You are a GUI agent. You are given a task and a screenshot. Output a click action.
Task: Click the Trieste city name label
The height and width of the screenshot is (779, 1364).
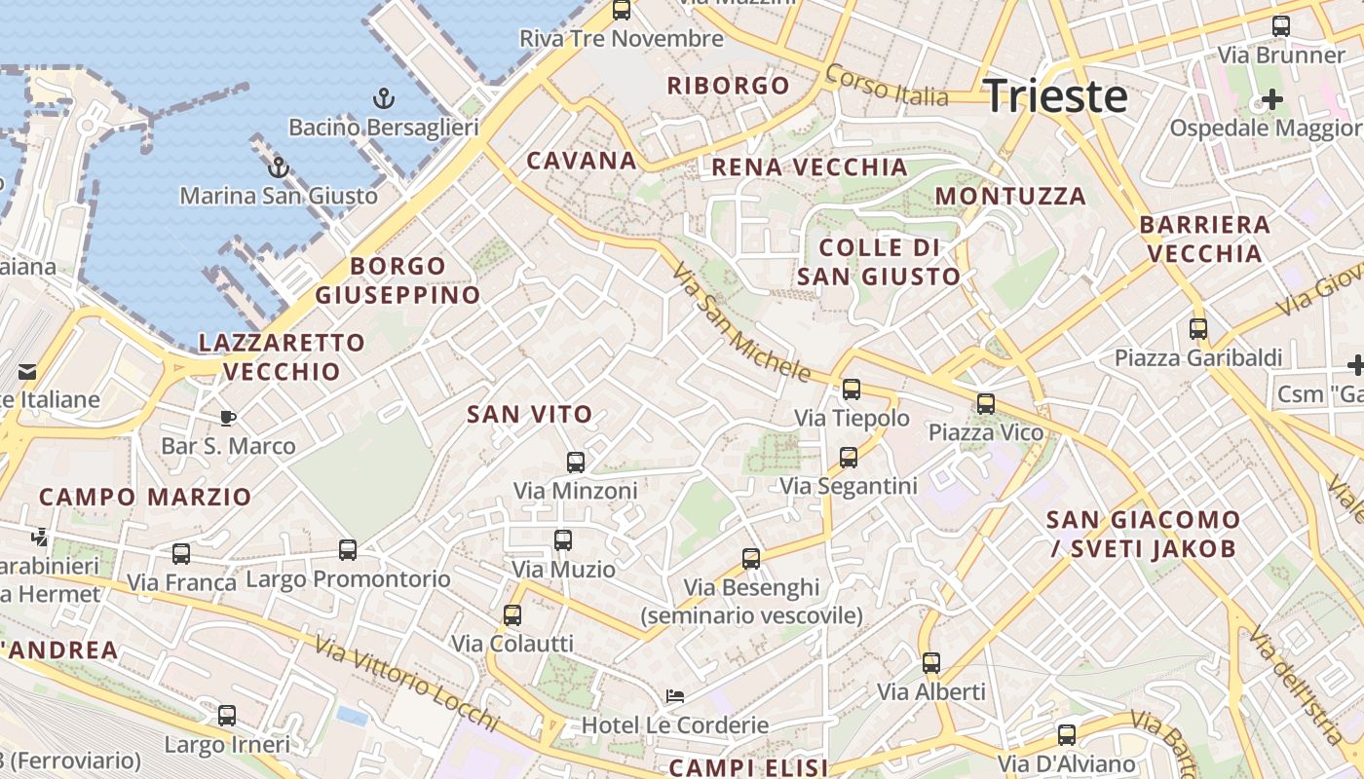(x=1056, y=96)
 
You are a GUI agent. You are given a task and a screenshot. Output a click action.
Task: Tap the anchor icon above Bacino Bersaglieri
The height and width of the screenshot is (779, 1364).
(x=384, y=98)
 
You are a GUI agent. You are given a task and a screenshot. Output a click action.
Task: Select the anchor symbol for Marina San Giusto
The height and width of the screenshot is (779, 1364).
(x=279, y=167)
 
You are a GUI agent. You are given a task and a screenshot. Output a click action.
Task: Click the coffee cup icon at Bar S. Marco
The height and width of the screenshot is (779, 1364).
(x=227, y=418)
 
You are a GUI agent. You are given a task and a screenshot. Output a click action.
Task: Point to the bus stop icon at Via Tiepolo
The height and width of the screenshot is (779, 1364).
(x=852, y=389)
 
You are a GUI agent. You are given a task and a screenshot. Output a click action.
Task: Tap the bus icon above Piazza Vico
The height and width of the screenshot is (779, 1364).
(x=986, y=403)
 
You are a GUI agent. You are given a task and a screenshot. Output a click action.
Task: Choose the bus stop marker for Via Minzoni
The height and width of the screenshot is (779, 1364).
(x=576, y=462)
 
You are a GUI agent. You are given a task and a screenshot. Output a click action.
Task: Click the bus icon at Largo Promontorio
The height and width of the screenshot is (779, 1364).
(x=348, y=549)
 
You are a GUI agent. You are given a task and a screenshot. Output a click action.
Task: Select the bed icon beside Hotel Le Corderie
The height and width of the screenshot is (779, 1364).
(x=674, y=696)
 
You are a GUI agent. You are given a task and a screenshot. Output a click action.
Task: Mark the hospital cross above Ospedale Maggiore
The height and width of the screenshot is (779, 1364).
(x=1271, y=99)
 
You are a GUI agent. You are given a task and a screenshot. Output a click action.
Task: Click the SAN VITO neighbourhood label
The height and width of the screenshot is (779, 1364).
(x=530, y=414)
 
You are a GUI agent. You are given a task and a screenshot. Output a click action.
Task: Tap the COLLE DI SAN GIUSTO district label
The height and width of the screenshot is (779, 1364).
(x=880, y=261)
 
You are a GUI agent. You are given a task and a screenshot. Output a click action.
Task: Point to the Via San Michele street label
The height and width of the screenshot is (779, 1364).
(x=740, y=320)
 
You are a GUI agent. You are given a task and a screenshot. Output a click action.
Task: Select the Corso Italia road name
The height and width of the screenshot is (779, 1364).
(x=886, y=85)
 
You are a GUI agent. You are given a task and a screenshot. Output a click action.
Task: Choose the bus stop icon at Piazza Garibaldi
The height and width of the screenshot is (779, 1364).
(x=1198, y=328)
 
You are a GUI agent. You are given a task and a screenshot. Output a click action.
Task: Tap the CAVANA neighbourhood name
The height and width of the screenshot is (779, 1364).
(x=582, y=161)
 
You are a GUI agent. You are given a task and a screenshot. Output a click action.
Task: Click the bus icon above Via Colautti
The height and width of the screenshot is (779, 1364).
(x=512, y=614)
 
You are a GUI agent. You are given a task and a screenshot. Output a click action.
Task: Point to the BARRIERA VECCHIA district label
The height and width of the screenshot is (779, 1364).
(x=1205, y=239)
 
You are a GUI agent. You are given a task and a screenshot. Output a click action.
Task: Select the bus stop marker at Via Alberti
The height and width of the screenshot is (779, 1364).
(x=931, y=663)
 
